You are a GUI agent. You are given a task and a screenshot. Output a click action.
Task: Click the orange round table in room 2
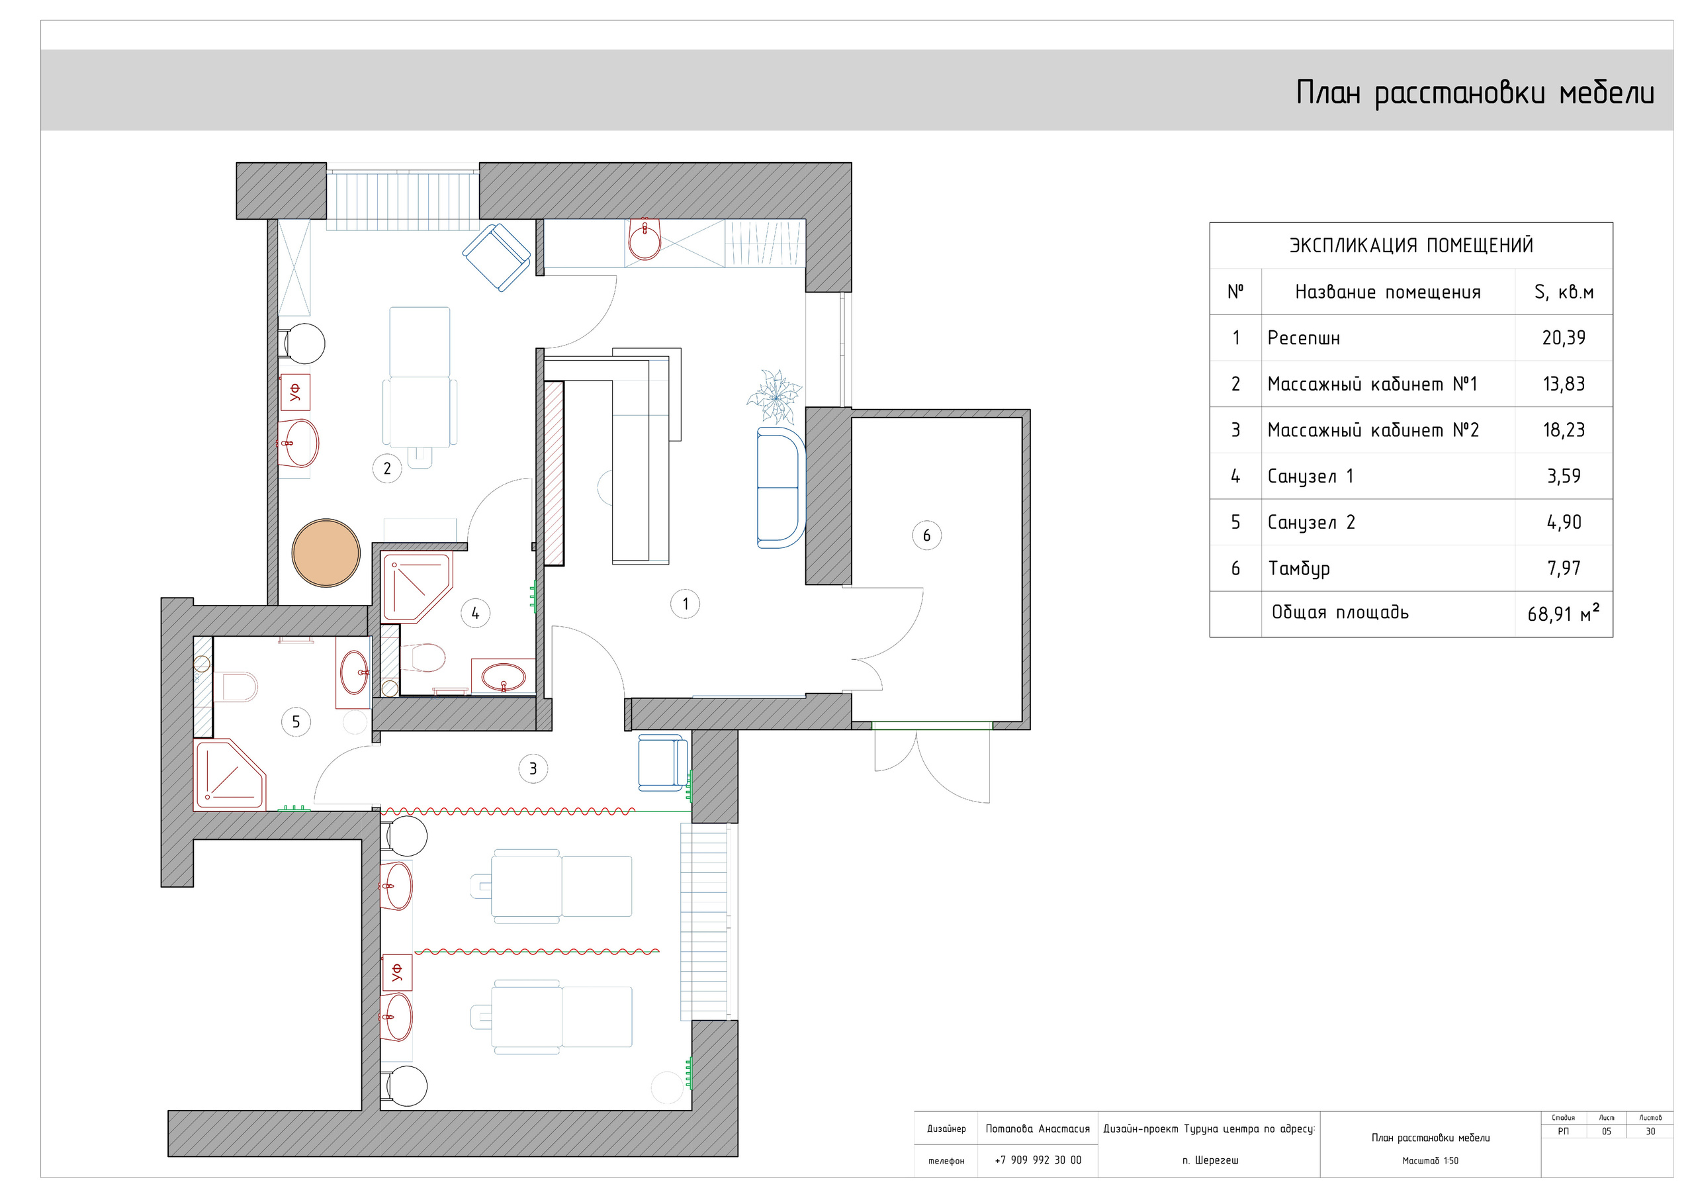pos(326,553)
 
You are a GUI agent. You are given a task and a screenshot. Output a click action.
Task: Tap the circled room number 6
pos(926,535)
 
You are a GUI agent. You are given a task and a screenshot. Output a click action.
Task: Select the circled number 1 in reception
pos(685,604)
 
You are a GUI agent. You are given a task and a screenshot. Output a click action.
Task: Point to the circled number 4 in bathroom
pos(475,614)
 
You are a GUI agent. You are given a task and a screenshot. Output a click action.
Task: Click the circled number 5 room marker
pos(296,722)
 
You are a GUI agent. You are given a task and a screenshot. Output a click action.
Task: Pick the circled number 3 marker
pos(533,768)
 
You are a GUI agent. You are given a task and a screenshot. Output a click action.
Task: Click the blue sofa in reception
pos(781,487)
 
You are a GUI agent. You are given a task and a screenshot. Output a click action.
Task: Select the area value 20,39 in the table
pos(1564,338)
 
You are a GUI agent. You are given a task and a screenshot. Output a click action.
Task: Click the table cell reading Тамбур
pos(1298,569)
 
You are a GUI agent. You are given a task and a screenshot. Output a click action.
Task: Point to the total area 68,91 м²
pos(1564,613)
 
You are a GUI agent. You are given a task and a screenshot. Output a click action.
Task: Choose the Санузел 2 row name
pos(1311,523)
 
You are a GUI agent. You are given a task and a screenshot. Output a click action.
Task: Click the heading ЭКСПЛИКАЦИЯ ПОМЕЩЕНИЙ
pos(1411,246)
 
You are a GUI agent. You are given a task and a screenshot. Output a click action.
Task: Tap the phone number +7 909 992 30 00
pos(1038,1160)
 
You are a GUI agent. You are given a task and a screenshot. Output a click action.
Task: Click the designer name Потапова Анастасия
pos(1038,1129)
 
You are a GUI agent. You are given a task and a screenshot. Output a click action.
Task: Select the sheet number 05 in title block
pos(1606,1132)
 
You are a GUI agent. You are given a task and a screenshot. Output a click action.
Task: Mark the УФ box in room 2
pos(294,392)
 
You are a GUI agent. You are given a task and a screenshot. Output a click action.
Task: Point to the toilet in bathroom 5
pos(236,686)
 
